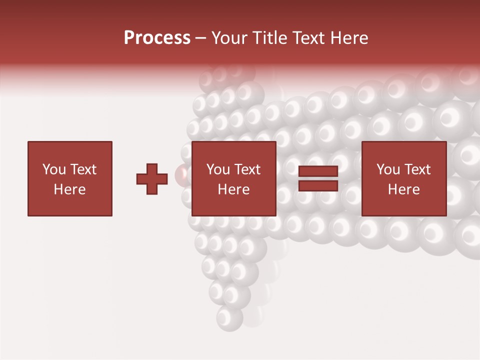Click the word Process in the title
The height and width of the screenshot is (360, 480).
157,38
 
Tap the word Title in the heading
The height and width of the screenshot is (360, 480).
270,38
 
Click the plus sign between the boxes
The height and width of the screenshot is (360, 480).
152,179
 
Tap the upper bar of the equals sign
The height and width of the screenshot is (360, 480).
318,171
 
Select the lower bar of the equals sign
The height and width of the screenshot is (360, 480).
318,185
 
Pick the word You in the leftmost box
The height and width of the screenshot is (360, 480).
54,169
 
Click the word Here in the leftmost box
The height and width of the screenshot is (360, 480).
70,189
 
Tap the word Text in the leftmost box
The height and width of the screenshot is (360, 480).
83,169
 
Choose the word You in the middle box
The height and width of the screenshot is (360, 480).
218,169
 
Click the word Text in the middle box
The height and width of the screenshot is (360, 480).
247,169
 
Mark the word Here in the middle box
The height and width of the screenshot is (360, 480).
234,189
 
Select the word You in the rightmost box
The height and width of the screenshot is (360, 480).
388,169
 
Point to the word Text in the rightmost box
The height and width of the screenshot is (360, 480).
417,169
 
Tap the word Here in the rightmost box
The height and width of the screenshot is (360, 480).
404,189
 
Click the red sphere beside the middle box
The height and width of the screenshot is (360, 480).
182,174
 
